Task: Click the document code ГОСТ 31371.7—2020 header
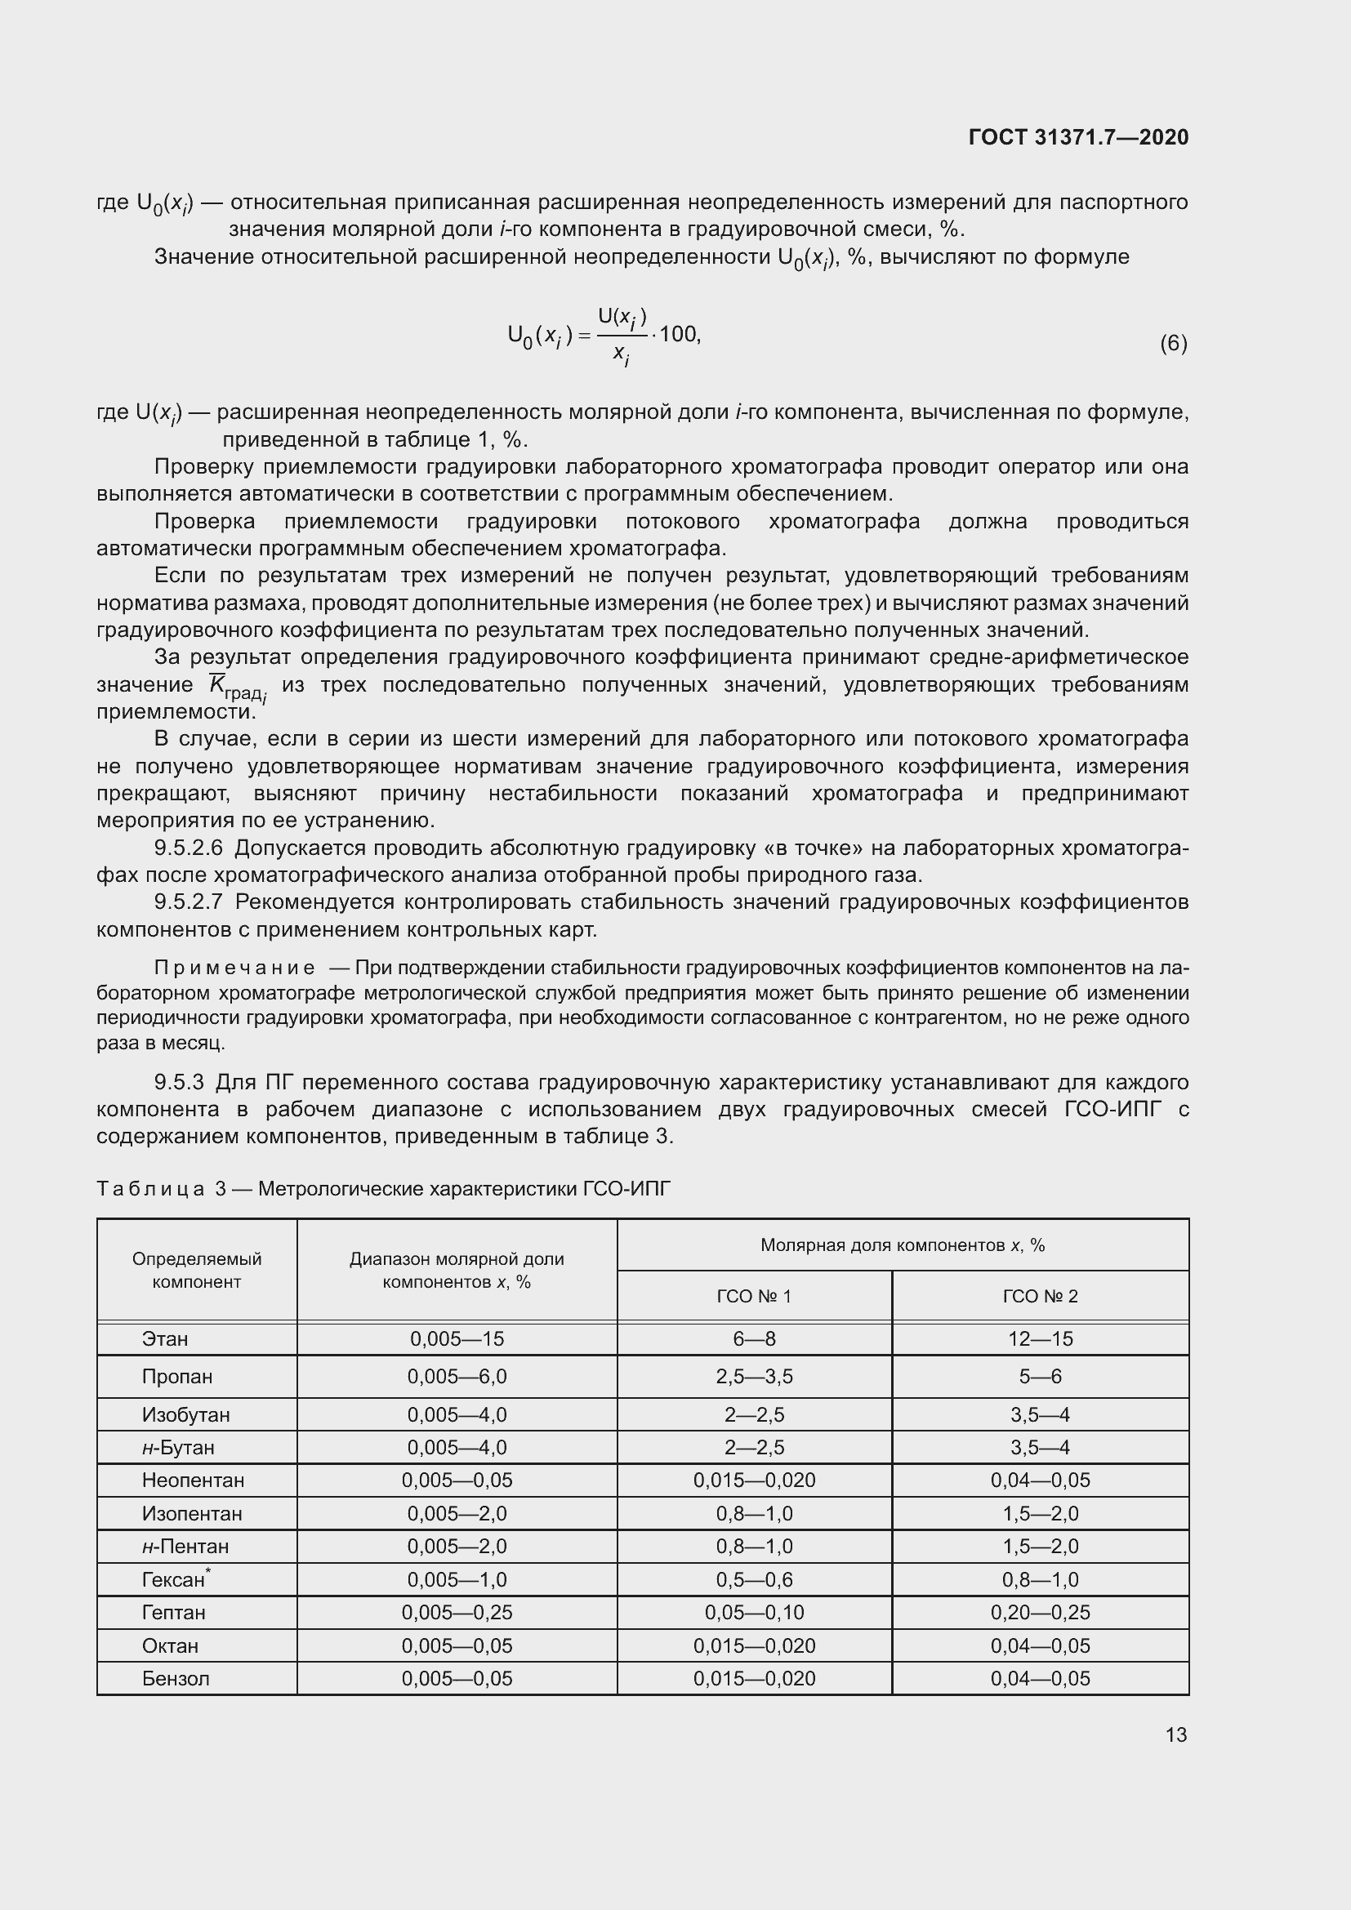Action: (x=1078, y=137)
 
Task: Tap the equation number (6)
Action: (x=1173, y=343)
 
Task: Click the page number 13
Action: (x=1175, y=1734)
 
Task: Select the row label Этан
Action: (x=165, y=1338)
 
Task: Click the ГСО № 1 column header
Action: (x=754, y=1296)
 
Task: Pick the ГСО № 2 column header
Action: (x=1040, y=1296)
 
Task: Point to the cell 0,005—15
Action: (x=457, y=1338)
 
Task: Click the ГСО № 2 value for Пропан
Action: (x=1040, y=1376)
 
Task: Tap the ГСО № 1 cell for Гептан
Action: (x=754, y=1612)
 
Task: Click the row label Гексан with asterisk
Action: (x=175, y=1579)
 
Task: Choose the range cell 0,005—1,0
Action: (x=457, y=1579)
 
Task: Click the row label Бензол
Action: (x=176, y=1678)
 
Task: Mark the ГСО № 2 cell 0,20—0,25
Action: (x=1040, y=1612)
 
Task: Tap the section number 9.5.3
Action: (x=179, y=1082)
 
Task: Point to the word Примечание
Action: (x=234, y=968)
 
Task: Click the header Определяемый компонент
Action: (x=196, y=1271)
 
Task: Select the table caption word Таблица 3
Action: (x=162, y=1189)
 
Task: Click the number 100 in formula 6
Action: (x=678, y=335)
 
